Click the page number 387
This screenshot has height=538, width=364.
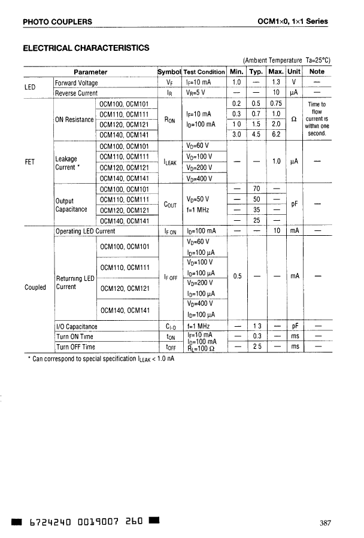click(325, 523)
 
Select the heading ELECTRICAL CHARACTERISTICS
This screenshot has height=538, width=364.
click(86, 48)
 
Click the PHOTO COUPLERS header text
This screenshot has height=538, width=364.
click(57, 22)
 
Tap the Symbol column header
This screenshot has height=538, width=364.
click(168, 72)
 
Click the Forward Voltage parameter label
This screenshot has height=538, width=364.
click(77, 82)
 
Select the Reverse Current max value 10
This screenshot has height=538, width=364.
click(276, 93)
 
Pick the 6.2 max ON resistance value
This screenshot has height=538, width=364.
click(276, 135)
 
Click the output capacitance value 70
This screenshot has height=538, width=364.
click(256, 189)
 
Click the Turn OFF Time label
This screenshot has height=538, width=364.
click(75, 346)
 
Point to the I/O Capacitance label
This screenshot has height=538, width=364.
click(76, 327)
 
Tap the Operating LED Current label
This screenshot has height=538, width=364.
click(85, 230)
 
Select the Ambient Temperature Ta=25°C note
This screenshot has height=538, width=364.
click(287, 60)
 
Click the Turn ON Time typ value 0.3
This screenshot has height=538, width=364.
click(256, 336)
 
